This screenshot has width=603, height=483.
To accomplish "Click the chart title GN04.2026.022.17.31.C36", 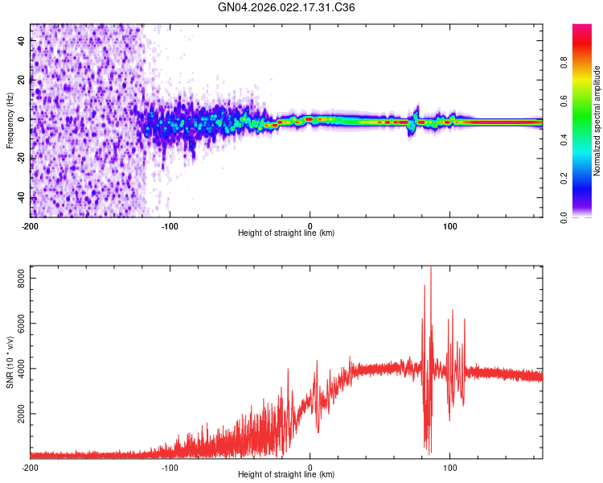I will pyautogui.click(x=287, y=7).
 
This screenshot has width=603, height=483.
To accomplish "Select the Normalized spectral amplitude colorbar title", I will pyautogui.click(x=597, y=120).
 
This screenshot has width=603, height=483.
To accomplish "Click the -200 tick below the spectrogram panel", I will pyautogui.click(x=30, y=225).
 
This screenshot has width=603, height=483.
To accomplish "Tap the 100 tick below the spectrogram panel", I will pyautogui.click(x=450, y=225).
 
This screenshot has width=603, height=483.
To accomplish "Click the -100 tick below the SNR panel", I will pyautogui.click(x=170, y=467).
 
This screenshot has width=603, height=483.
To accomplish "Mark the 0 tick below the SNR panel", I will pyautogui.click(x=310, y=467).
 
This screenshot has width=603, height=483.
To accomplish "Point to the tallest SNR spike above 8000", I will pyautogui.click(x=431, y=269).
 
